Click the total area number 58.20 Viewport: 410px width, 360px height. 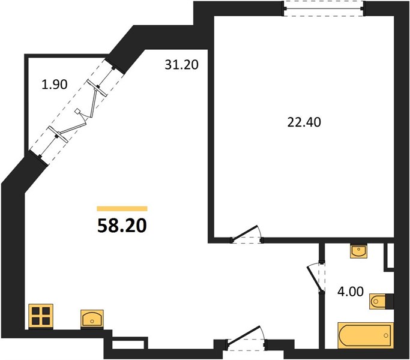click(122, 226)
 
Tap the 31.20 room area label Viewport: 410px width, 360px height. click(182, 65)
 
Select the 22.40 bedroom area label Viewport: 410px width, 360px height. click(304, 122)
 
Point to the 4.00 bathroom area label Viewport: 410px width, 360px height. click(351, 292)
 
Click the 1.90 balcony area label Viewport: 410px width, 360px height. click(55, 84)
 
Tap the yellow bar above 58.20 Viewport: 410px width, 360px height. click(122, 208)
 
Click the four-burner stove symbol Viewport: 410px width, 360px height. click(41, 316)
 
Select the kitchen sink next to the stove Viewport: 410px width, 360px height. click(92, 319)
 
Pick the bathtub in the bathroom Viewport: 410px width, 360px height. click(366, 335)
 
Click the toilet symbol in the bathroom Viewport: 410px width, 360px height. click(378, 301)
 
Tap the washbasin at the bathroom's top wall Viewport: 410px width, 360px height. click(358, 251)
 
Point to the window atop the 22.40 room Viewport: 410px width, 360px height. click(324, 8)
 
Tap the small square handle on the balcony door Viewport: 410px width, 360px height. click(77, 111)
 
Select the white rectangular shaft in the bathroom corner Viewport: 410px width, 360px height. click(390, 256)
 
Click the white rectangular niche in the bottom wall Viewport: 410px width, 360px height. click(128, 344)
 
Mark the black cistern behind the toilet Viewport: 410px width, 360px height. click(390, 301)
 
